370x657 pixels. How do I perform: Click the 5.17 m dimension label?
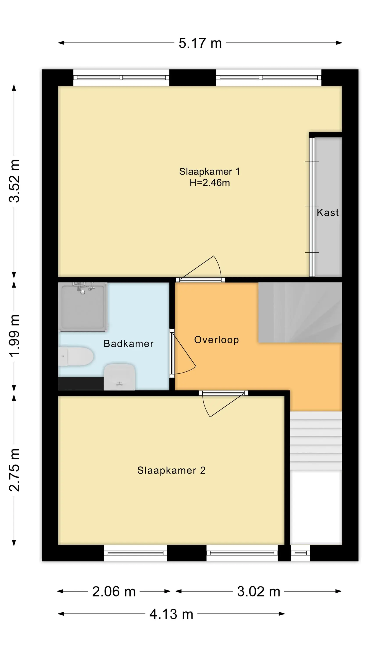tap(200, 43)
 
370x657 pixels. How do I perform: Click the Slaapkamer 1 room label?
tap(209, 172)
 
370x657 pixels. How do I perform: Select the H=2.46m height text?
tap(210, 183)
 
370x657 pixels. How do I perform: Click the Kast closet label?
tap(328, 212)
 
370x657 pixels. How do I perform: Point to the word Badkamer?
tap(128, 344)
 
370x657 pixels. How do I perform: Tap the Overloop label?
tap(217, 340)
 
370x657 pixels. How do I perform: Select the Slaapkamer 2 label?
tap(171, 471)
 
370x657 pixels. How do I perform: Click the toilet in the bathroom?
tap(76, 356)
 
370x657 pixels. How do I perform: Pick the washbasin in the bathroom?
tap(119, 377)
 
